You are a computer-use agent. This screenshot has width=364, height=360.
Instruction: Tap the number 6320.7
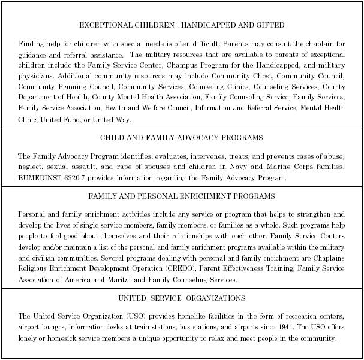(76, 178)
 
